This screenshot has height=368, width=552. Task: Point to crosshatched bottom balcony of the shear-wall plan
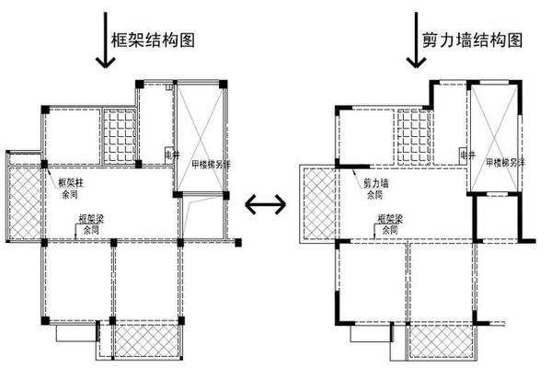coord(441,342)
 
